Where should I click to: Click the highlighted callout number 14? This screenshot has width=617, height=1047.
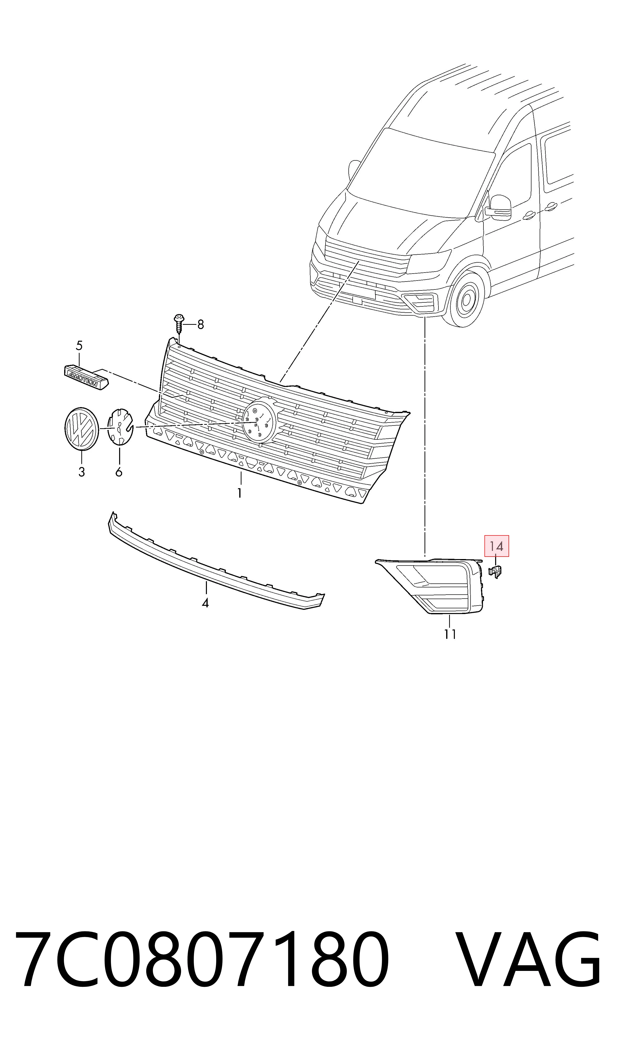(496, 546)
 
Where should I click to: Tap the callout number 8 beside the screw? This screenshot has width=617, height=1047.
(200, 324)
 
